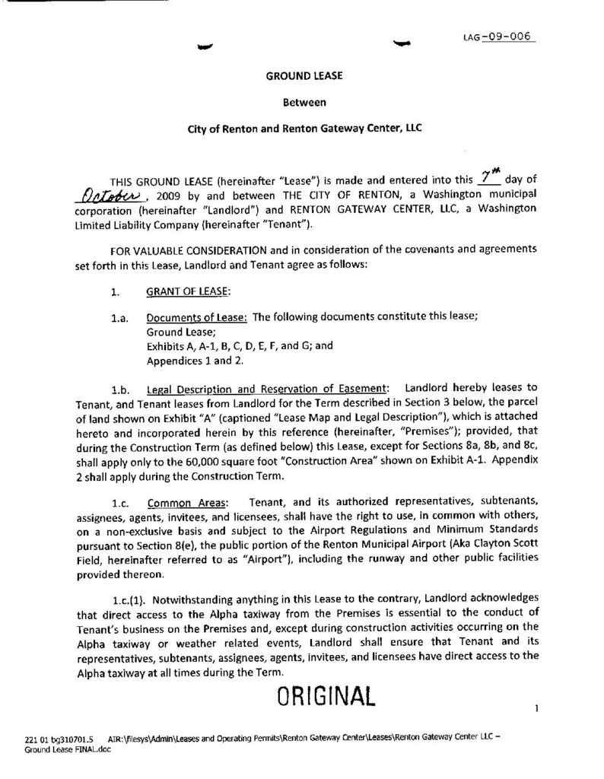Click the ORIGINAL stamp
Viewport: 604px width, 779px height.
coord(326,695)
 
